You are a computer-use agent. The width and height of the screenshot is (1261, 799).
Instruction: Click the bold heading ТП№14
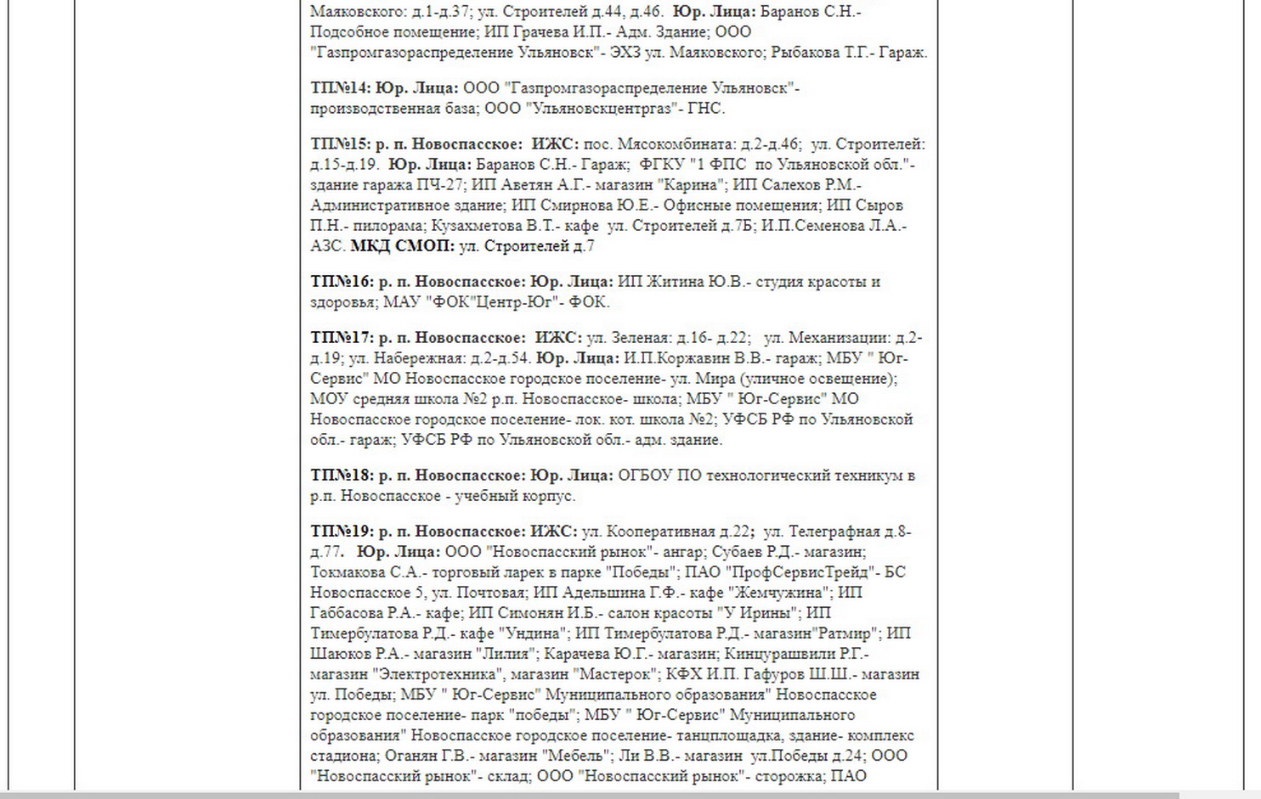(x=341, y=88)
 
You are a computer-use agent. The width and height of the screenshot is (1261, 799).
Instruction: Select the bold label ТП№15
(x=341, y=144)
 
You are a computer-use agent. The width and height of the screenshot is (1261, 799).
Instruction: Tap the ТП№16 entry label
(x=341, y=282)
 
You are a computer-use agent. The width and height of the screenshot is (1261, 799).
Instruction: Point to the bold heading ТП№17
(x=341, y=338)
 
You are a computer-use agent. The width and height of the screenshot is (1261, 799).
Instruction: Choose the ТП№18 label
(x=341, y=475)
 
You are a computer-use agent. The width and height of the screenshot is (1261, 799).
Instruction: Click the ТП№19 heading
(x=341, y=532)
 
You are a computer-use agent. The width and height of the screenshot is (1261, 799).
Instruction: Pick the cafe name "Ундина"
(x=535, y=633)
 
